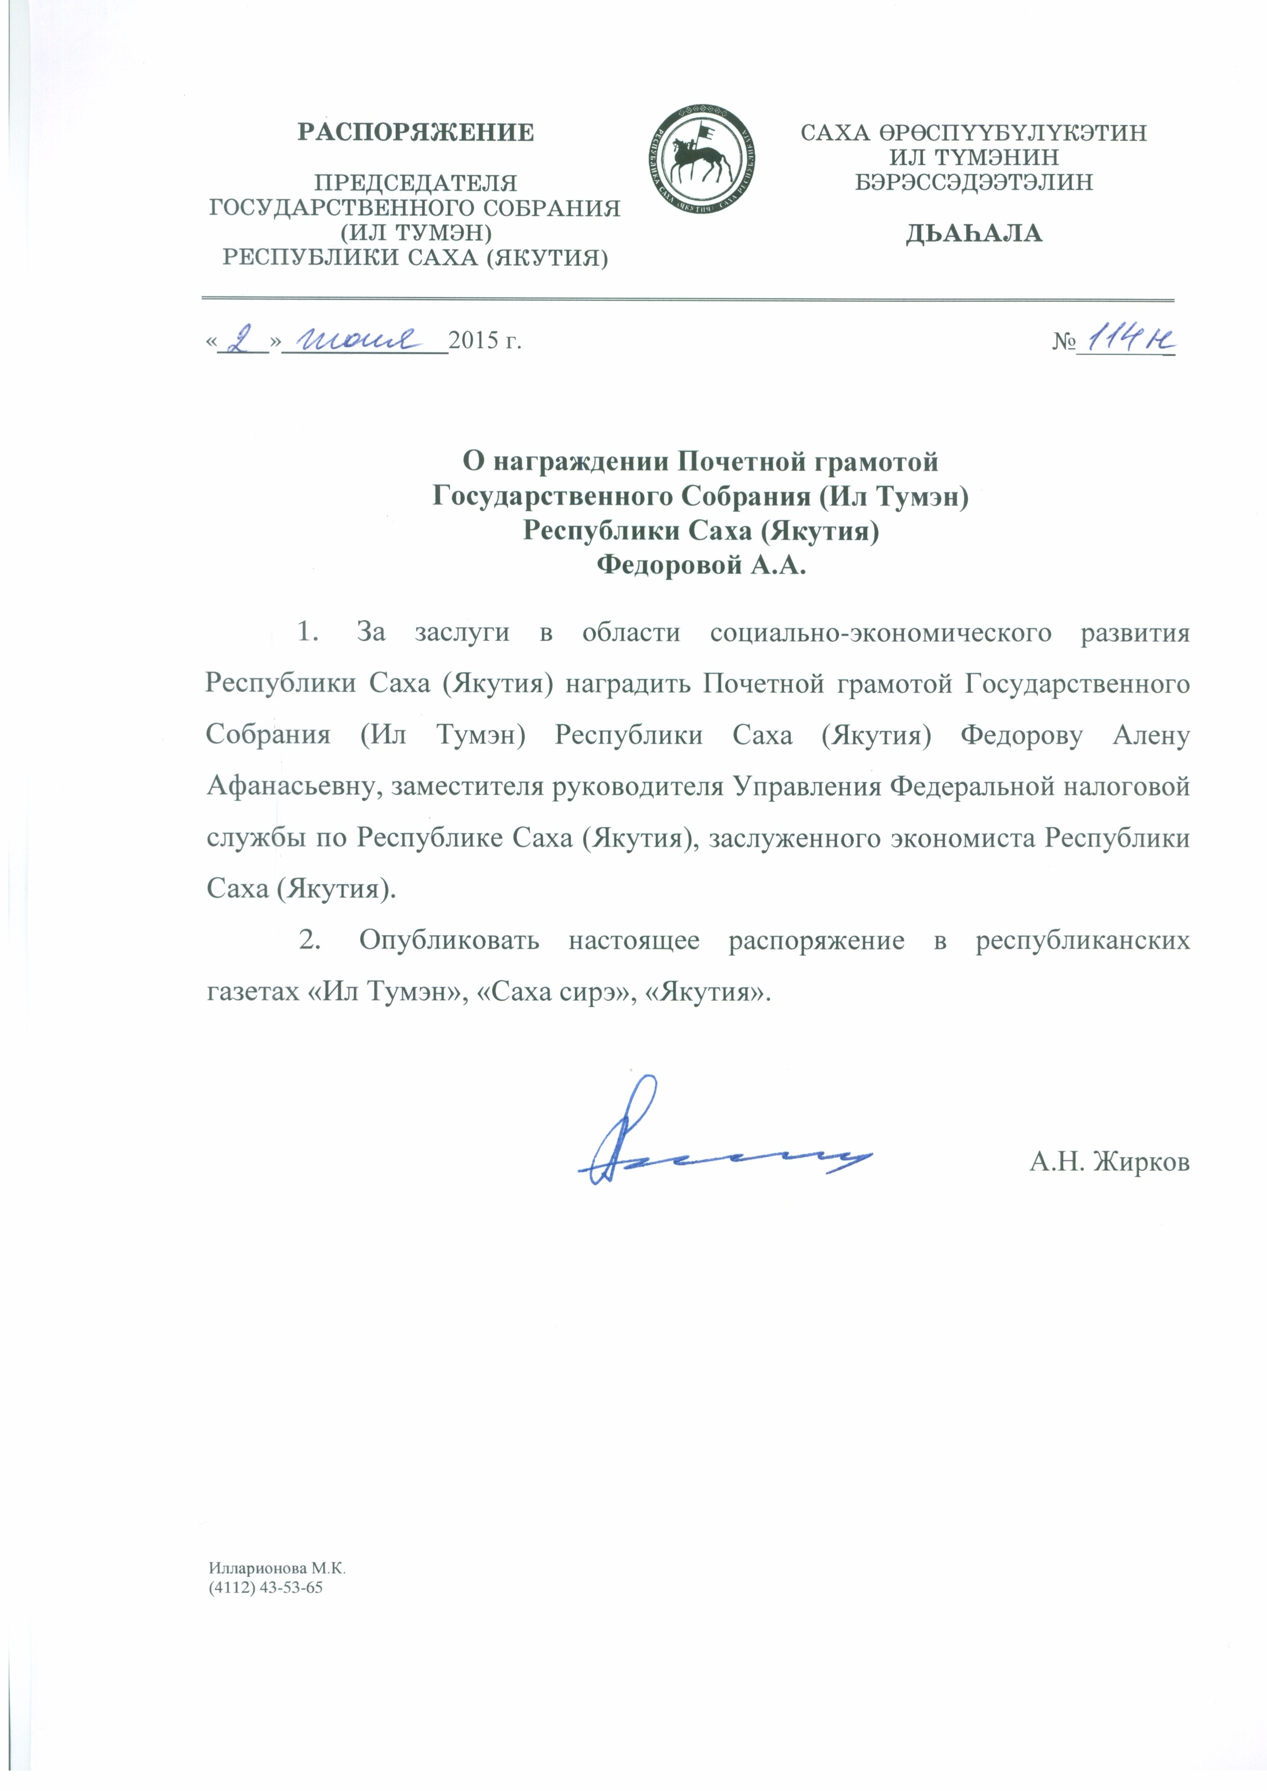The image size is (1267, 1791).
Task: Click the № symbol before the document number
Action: (x=1063, y=342)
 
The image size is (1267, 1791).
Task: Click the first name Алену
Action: (x=1151, y=736)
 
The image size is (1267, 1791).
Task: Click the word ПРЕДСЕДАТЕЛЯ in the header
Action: (x=415, y=183)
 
